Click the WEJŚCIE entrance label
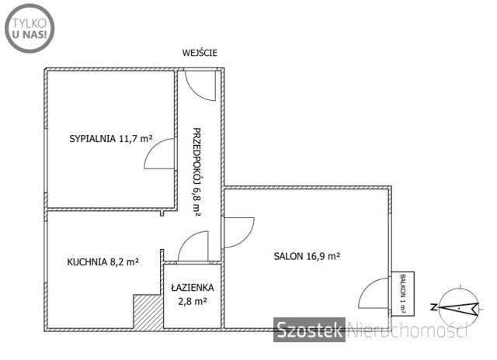pyautogui.click(x=200, y=53)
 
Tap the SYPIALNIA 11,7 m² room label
pyautogui.click(x=111, y=139)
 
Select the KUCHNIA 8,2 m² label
pyautogui.click(x=103, y=261)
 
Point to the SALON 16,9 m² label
pyautogui.click(x=308, y=256)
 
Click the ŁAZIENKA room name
pyautogui.click(x=193, y=287)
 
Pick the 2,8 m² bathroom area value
pyautogui.click(x=193, y=301)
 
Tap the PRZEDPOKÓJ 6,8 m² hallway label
pyautogui.click(x=196, y=172)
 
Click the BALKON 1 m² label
pyautogui.click(x=403, y=293)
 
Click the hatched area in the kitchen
pyautogui.click(x=148, y=312)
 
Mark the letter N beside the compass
pyautogui.click(x=433, y=306)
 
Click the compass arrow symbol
pyautogui.click(x=459, y=307)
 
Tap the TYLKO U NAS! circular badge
pyautogui.click(x=30, y=29)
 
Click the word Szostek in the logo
pyautogui.click(x=309, y=330)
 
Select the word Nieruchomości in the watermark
pyautogui.click(x=408, y=330)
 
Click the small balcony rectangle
pyautogui.click(x=402, y=294)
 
